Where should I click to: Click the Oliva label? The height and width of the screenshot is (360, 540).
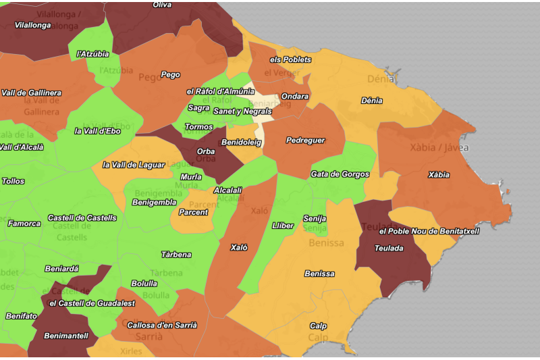click(x=162, y=5)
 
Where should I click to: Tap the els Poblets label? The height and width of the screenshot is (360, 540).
click(x=290, y=59)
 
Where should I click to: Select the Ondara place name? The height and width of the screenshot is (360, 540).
click(x=295, y=97)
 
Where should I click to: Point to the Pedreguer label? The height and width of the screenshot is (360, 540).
click(x=305, y=140)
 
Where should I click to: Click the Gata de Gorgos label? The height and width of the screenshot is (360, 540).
click(x=340, y=174)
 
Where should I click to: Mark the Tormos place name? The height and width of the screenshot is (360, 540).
click(x=198, y=127)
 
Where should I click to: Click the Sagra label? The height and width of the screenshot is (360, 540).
click(x=198, y=108)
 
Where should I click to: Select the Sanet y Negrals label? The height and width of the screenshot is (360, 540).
click(x=242, y=111)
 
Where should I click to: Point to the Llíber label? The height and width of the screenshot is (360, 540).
click(x=281, y=225)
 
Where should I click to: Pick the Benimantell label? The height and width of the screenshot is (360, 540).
click(x=66, y=336)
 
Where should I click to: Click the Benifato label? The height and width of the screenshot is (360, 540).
click(x=21, y=316)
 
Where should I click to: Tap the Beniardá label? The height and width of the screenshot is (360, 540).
click(x=61, y=269)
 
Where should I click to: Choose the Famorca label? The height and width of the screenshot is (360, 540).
click(x=24, y=223)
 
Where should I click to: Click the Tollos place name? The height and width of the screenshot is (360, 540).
click(x=13, y=181)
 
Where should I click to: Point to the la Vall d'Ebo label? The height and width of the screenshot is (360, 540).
click(x=97, y=131)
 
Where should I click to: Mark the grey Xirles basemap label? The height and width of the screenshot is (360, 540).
click(x=131, y=351)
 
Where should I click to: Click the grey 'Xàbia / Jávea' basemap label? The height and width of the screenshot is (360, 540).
click(x=439, y=147)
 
